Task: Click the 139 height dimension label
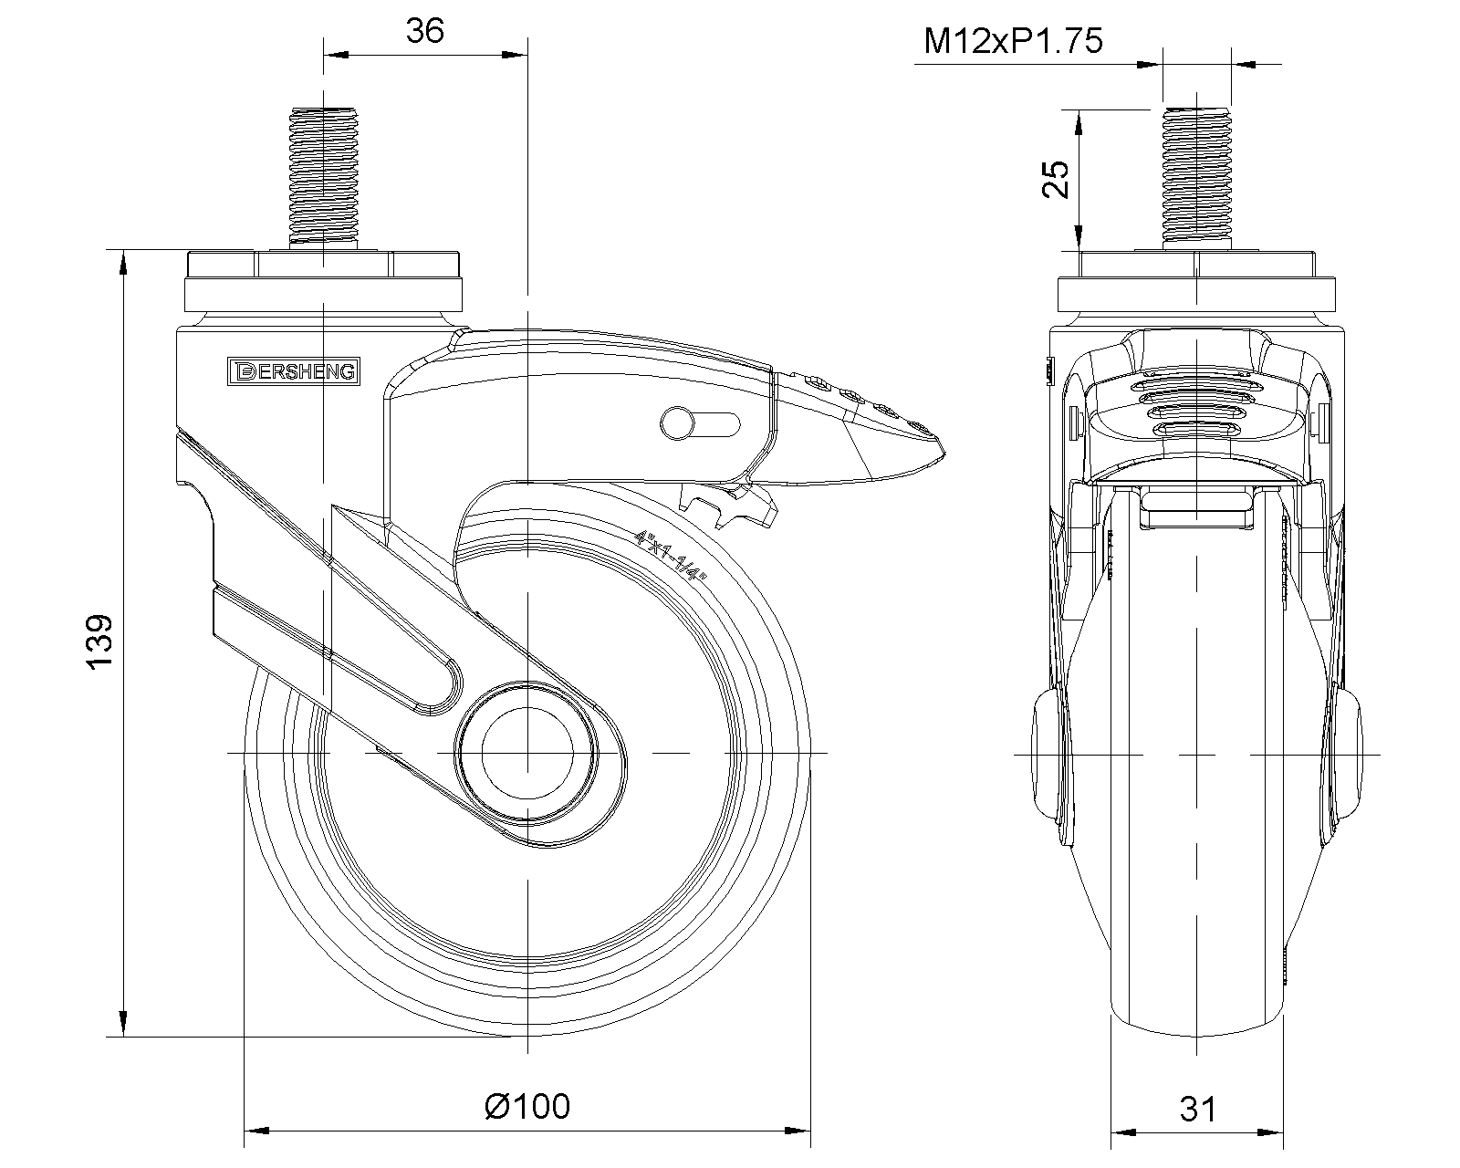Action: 99,642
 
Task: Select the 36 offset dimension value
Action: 424,31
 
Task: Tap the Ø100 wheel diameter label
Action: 527,1107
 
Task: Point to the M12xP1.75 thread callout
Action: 1013,41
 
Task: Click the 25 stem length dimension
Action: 1055,179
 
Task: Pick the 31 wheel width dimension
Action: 1198,1110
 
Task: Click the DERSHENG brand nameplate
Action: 294,371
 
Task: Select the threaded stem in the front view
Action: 1197,179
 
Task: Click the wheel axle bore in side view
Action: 527,753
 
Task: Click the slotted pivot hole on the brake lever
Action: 700,424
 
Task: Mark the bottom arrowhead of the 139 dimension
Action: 123,1024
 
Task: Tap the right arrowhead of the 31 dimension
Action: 1271,1132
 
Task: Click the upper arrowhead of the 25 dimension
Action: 1079,123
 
